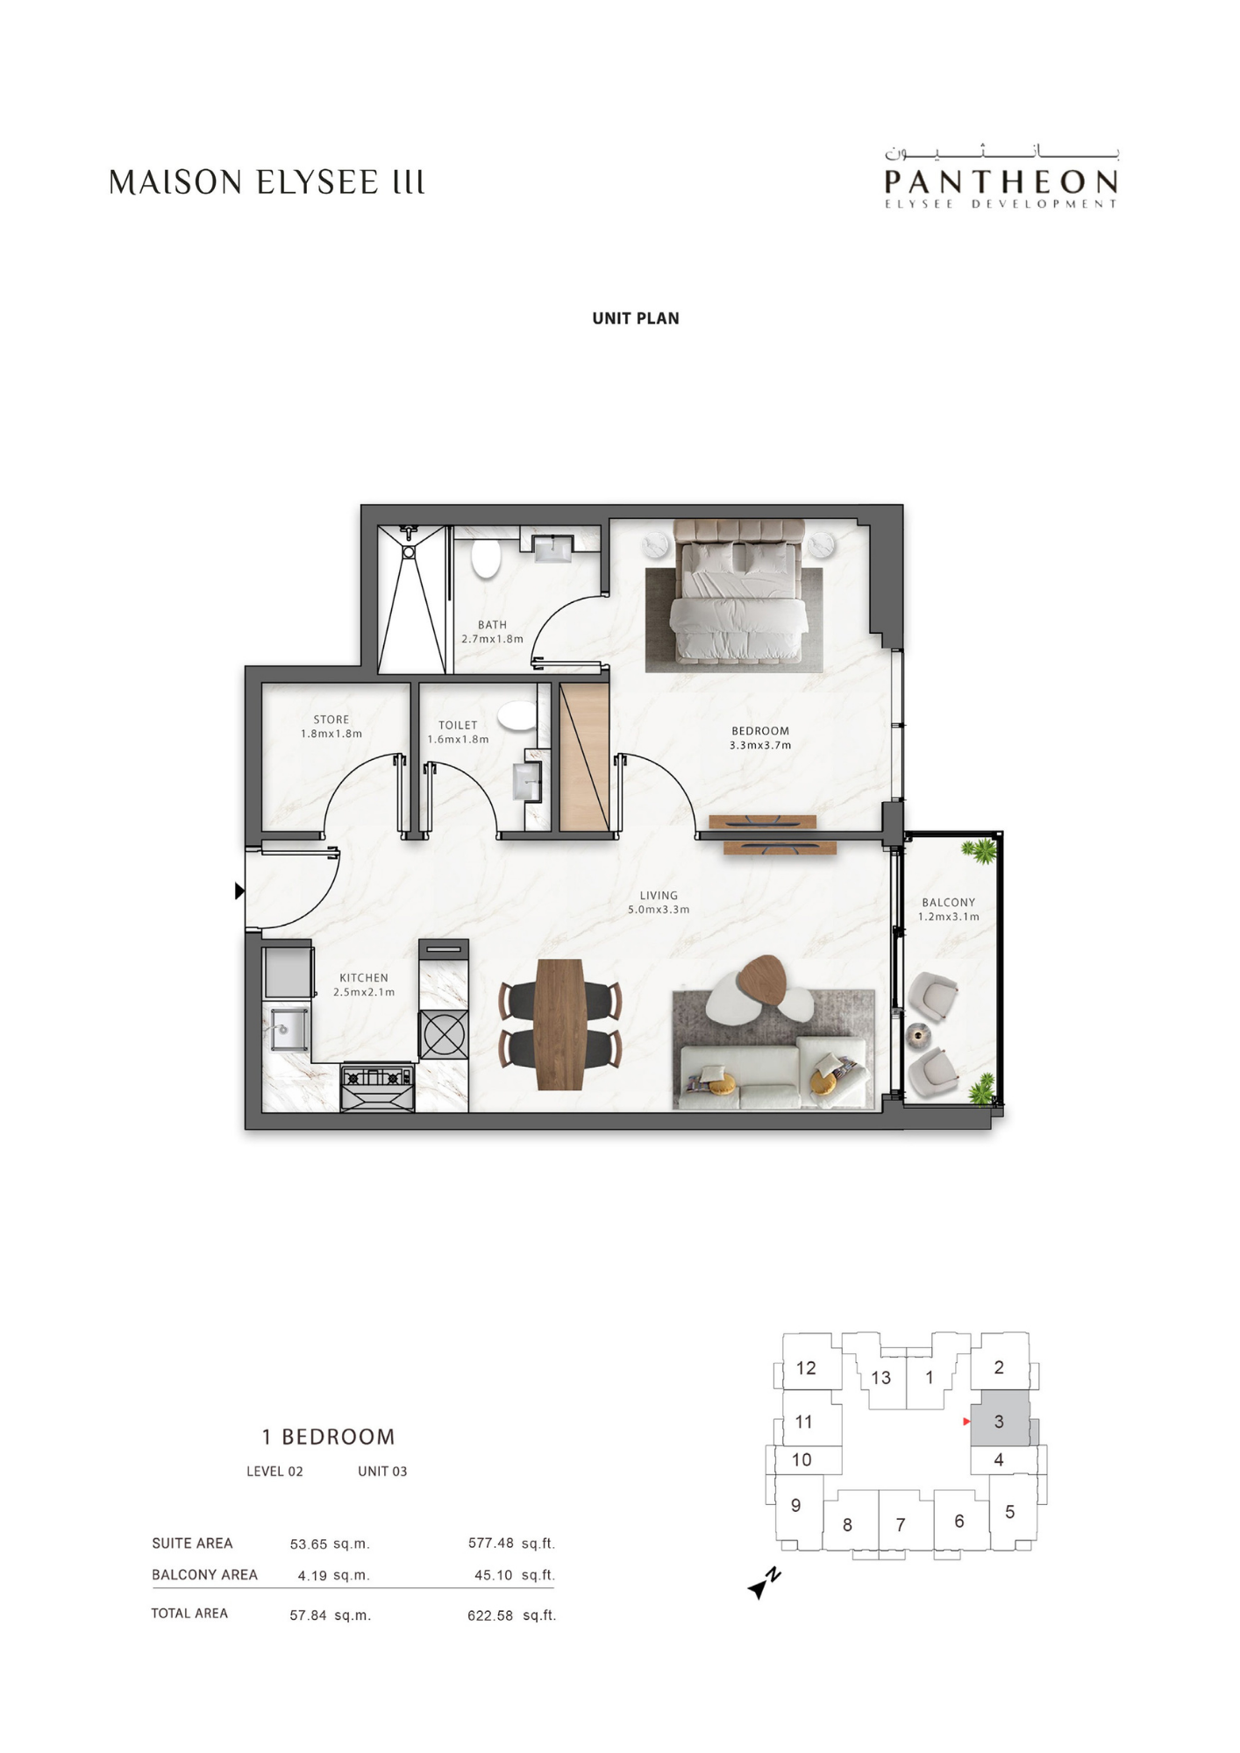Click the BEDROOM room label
[x=760, y=731]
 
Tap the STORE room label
[x=331, y=720]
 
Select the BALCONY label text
[x=949, y=902]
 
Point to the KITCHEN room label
[x=364, y=977]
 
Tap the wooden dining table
[x=559, y=1024]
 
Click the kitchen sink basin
[x=288, y=1029]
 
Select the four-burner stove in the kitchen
[x=377, y=1087]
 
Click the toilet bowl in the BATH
[x=485, y=558]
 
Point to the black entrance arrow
[x=240, y=891]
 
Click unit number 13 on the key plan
[x=880, y=1377]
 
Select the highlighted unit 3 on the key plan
[x=999, y=1421]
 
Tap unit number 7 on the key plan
[x=901, y=1524]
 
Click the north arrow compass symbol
[x=763, y=1584]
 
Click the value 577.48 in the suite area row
[x=490, y=1543]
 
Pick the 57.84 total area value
[x=308, y=1615]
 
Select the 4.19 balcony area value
[x=312, y=1575]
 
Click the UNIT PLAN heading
[x=636, y=318]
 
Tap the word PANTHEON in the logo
[x=1001, y=182]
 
